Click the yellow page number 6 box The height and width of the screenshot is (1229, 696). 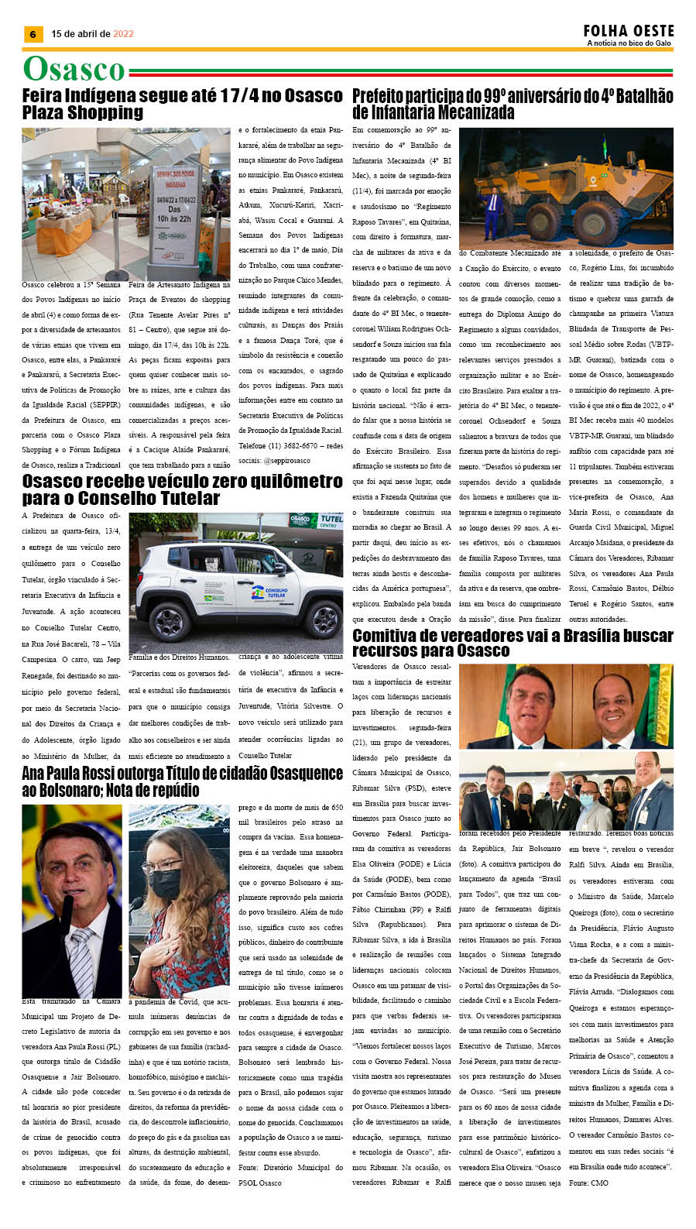click(33, 34)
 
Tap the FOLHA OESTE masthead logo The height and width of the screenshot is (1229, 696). click(629, 30)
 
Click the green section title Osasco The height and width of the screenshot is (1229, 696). click(74, 69)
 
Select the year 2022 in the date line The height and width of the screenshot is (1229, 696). click(123, 34)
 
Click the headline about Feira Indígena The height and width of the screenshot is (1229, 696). click(182, 104)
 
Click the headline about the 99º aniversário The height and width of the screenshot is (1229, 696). click(512, 104)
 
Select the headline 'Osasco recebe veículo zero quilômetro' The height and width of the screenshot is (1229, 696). click(182, 489)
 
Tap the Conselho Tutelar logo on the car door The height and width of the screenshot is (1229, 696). click(268, 595)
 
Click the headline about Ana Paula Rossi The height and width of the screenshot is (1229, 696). click(182, 781)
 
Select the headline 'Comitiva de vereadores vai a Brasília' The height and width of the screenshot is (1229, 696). click(512, 643)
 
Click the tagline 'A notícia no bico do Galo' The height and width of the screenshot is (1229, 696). click(629, 43)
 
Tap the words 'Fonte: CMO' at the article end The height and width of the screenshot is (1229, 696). click(588, 1183)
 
